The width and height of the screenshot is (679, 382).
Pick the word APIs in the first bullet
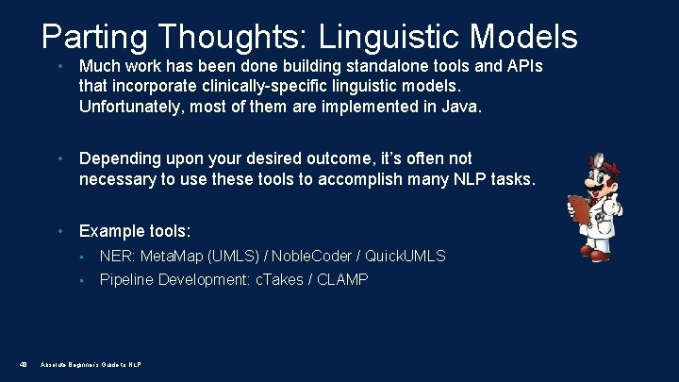coord(523,67)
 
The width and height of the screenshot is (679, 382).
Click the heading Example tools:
coord(135,231)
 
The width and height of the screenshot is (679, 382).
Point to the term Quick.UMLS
coord(406,256)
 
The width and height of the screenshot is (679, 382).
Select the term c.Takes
coord(280,280)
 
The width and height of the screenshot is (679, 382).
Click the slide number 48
coord(23,364)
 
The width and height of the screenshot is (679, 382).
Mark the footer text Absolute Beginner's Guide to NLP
coord(91,364)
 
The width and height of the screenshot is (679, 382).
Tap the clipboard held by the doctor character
coord(578,210)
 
